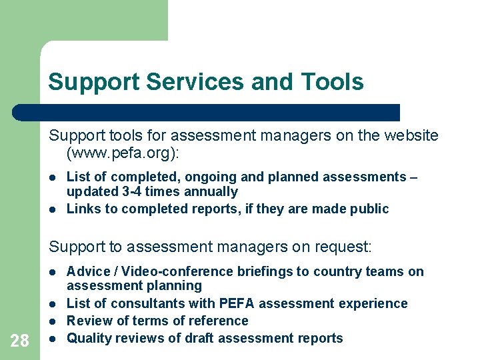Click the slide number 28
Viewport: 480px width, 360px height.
click(20, 341)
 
